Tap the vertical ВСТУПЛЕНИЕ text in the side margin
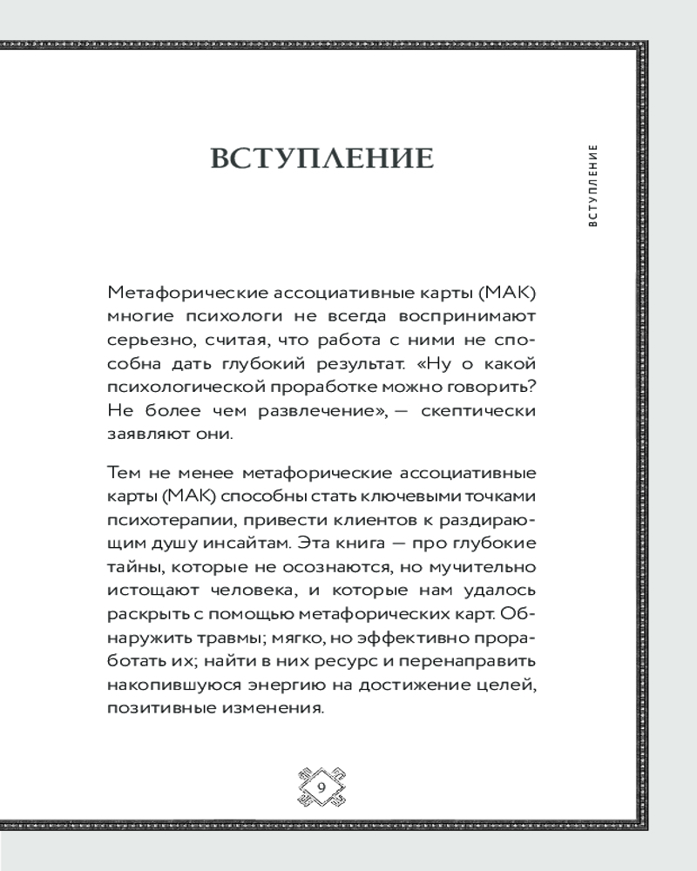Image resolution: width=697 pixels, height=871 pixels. [x=593, y=185]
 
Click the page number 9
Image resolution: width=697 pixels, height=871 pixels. [x=322, y=787]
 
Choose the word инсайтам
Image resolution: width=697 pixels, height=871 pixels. [x=247, y=544]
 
